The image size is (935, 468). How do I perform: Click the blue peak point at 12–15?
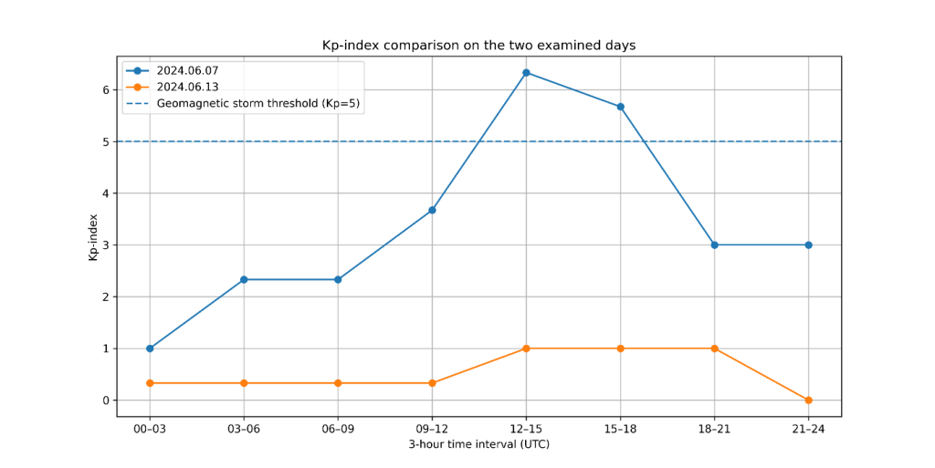(x=526, y=73)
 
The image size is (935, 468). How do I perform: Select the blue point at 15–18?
(x=620, y=107)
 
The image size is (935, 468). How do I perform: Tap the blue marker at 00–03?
(x=150, y=348)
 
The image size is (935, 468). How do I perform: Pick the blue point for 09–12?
(x=432, y=210)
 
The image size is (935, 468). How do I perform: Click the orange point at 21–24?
(x=809, y=400)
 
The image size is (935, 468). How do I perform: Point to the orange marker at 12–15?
(x=526, y=348)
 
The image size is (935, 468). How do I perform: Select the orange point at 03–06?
(x=244, y=383)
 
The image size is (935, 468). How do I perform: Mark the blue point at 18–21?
(x=714, y=244)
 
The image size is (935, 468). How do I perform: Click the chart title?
(x=478, y=46)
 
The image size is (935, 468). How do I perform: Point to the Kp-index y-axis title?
(x=93, y=237)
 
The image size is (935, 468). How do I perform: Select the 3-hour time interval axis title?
(x=478, y=444)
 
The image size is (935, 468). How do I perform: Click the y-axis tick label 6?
(x=106, y=90)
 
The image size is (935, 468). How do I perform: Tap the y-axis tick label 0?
(x=106, y=400)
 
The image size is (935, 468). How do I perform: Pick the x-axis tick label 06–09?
(x=338, y=430)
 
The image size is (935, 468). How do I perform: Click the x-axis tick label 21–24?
(x=809, y=430)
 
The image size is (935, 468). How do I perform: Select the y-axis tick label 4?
(x=106, y=193)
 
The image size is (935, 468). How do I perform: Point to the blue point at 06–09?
(x=338, y=279)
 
